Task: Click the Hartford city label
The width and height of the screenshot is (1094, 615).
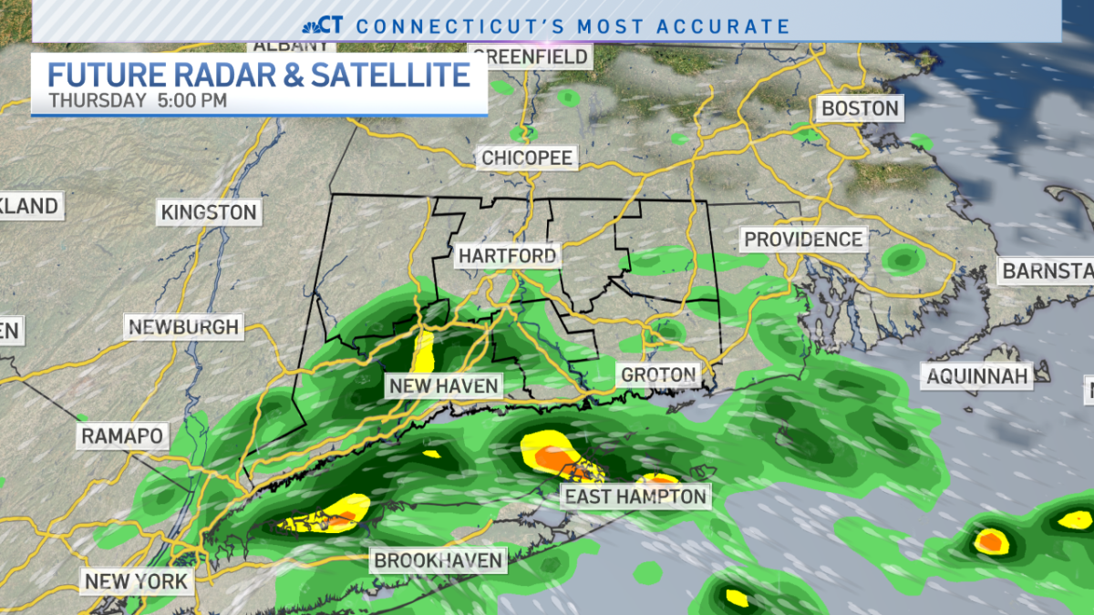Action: (x=507, y=255)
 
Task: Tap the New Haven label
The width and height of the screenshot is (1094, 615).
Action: (x=444, y=385)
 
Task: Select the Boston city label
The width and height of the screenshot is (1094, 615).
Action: (x=860, y=108)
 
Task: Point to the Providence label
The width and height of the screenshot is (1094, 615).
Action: (x=802, y=239)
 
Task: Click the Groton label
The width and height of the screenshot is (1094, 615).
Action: (x=658, y=374)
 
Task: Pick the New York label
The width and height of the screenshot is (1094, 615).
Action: (x=137, y=580)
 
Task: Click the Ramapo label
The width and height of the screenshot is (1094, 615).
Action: (x=122, y=436)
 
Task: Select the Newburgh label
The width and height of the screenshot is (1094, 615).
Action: (x=183, y=326)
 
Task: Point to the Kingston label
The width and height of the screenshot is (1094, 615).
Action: (x=209, y=212)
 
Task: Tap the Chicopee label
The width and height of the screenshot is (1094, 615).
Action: (x=527, y=158)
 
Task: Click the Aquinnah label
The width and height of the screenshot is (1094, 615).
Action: (x=976, y=375)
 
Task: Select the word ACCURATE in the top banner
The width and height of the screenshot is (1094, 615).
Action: (x=725, y=26)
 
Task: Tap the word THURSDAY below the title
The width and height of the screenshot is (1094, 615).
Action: (x=97, y=100)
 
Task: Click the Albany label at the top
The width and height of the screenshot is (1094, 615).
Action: (x=283, y=45)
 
